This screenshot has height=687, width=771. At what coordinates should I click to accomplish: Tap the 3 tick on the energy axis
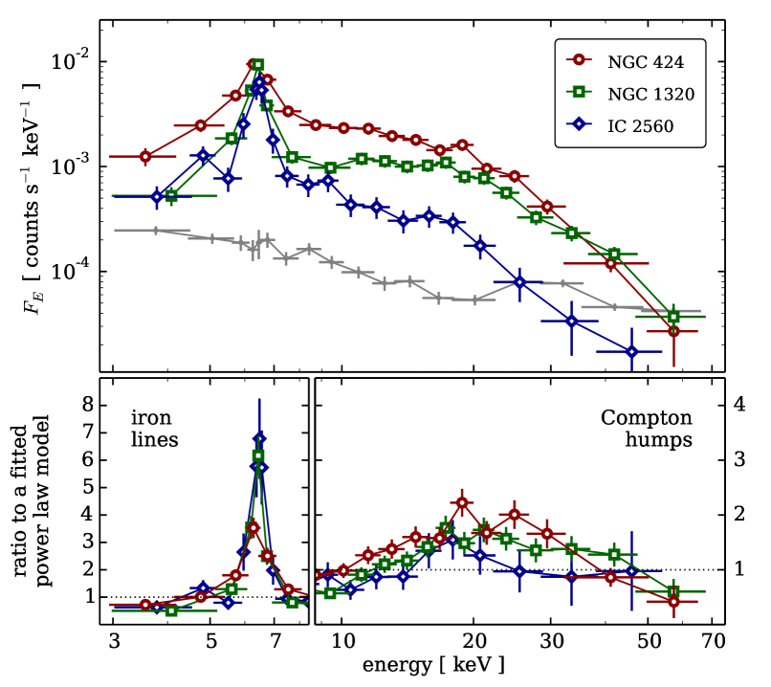114,639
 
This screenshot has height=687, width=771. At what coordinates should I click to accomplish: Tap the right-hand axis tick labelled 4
738,405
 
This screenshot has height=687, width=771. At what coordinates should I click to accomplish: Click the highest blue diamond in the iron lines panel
259,439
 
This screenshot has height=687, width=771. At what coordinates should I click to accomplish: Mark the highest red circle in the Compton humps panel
462,502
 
